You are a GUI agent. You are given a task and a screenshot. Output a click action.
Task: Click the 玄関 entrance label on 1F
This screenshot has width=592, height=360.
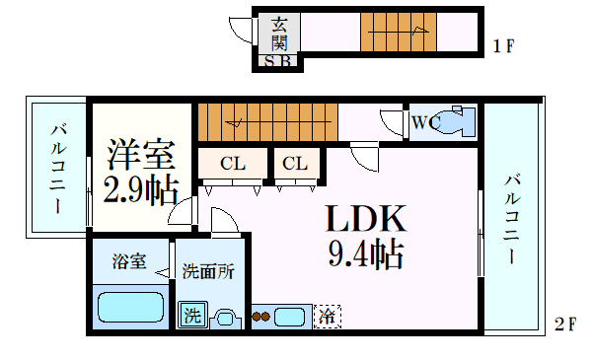(280, 33)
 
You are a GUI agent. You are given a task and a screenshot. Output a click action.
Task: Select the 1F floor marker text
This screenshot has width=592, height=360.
(503, 45)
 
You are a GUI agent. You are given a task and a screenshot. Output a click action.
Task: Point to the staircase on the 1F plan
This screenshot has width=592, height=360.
(398, 34)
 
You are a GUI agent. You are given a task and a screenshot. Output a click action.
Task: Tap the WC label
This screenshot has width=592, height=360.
(426, 123)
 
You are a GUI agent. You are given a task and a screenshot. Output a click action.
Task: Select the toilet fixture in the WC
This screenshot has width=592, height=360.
(457, 123)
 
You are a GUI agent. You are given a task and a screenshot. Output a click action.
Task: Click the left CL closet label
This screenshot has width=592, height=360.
(232, 164)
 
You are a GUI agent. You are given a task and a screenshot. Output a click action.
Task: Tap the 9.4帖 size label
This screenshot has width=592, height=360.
(365, 255)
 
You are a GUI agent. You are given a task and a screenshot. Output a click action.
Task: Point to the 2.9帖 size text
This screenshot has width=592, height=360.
(140, 188)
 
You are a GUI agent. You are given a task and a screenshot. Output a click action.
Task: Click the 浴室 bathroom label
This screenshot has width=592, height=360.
(128, 262)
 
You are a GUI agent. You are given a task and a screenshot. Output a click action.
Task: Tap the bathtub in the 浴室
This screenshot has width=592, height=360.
(130, 305)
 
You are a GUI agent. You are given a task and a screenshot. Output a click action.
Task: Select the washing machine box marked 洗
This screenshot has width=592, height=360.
(192, 317)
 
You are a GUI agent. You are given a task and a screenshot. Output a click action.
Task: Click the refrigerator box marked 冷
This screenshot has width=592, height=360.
(326, 318)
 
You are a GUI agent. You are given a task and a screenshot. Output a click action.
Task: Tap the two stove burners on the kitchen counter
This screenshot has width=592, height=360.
(261, 318)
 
